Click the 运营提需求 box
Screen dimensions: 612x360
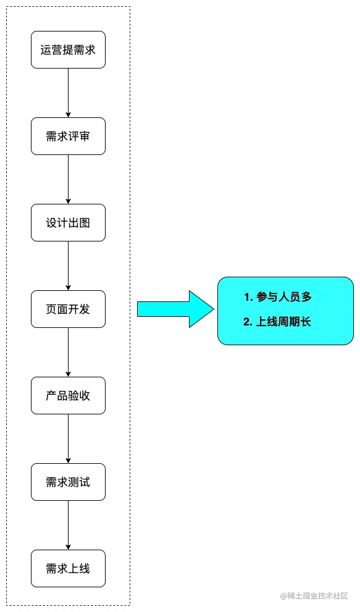pos(68,50)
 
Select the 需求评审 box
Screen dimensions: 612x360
pos(68,136)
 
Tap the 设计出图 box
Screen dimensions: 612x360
pos(68,223)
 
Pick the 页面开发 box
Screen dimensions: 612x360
pos(68,309)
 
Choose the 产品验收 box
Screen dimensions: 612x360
pos(68,396)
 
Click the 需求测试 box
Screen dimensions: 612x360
pos(68,482)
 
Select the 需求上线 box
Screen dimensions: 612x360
pos(68,569)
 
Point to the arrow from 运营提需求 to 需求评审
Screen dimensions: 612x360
pos(68,93)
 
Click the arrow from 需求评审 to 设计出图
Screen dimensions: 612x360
pos(68,179)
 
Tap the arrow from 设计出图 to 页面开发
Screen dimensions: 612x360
pos(68,266)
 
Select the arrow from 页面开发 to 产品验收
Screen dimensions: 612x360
pos(68,352)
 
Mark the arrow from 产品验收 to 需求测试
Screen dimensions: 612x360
pos(68,438)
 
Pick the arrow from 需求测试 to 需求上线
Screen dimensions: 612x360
pos(68,525)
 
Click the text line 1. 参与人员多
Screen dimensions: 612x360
pos(278,297)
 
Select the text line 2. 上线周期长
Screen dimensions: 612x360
pos(278,322)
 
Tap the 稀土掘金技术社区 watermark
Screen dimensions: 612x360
pos(314,595)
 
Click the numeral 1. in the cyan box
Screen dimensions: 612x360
pos(248,297)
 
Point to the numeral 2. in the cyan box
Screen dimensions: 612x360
pos(248,322)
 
